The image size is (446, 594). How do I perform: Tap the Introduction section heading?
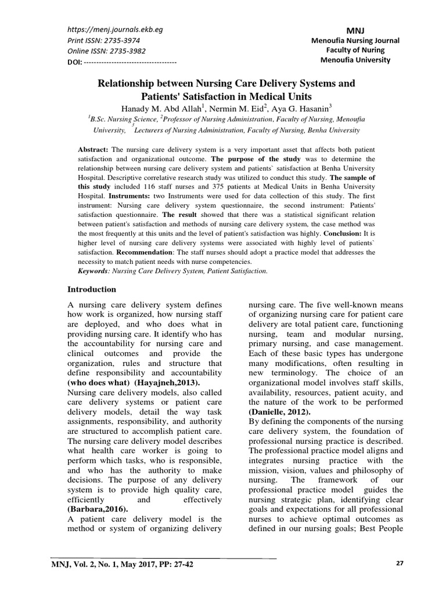(x=92, y=289)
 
